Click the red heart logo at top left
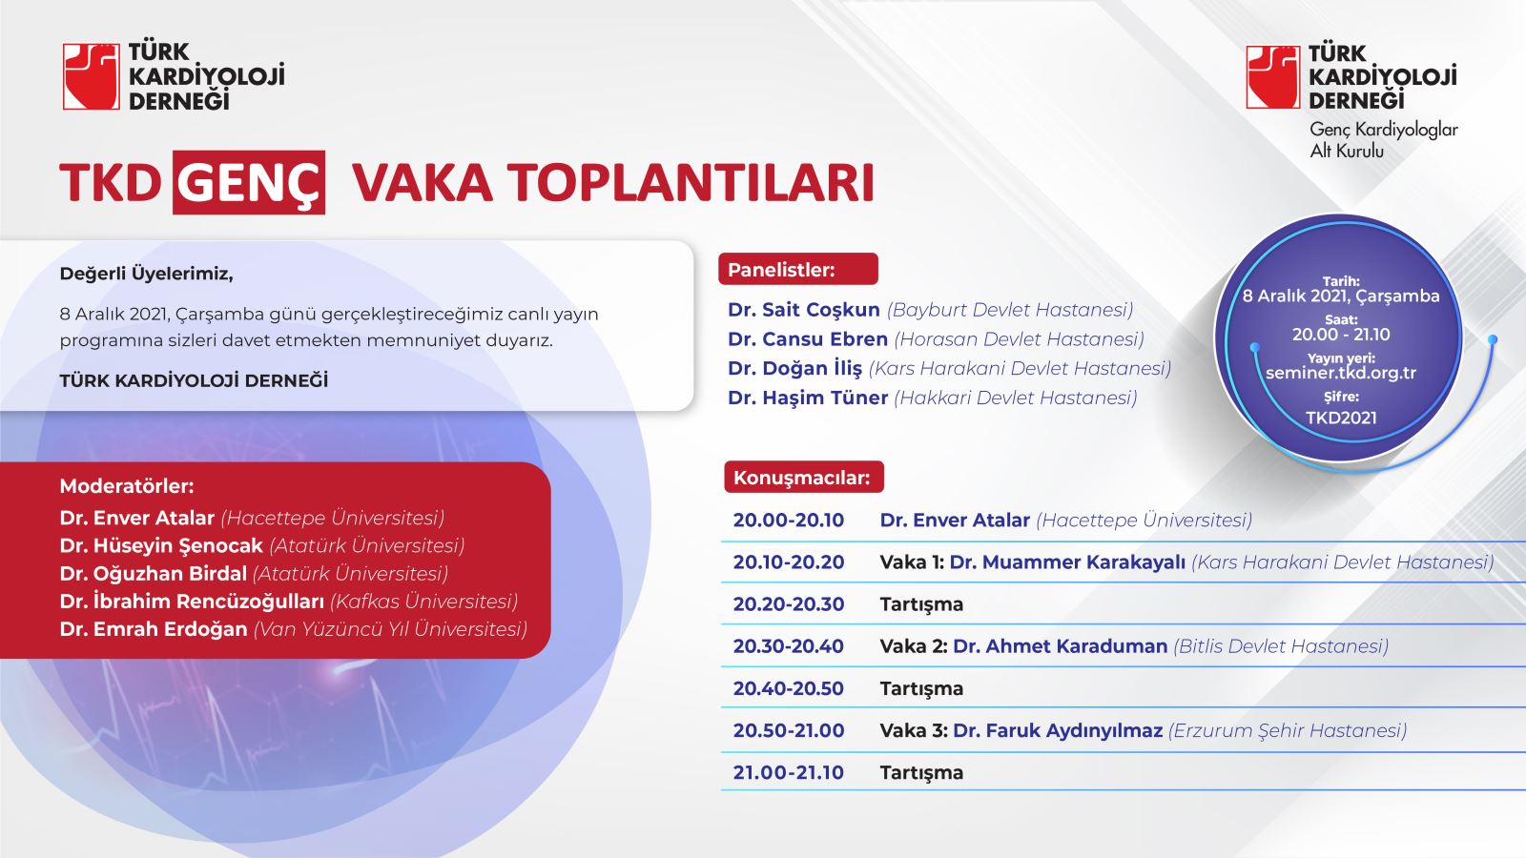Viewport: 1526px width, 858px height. click(x=92, y=76)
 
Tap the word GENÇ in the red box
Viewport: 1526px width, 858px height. click(x=249, y=182)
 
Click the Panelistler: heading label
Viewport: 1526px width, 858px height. click(x=781, y=270)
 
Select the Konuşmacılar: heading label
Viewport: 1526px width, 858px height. click(x=802, y=478)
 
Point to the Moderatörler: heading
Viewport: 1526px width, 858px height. click(x=127, y=486)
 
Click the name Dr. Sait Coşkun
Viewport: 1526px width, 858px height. click(x=804, y=310)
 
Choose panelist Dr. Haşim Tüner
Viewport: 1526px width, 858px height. click(x=807, y=398)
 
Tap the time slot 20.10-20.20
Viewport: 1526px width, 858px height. click(x=788, y=562)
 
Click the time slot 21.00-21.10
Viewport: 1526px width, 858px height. click(x=788, y=773)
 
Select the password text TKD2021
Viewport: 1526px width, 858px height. click(x=1341, y=418)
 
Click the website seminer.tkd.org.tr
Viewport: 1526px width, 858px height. click(x=1341, y=373)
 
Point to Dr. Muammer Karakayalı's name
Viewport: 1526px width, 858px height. click(x=1067, y=562)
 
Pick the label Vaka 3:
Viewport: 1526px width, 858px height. click(x=914, y=730)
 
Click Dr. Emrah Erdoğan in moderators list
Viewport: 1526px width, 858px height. click(x=154, y=629)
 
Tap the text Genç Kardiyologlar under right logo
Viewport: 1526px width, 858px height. click(x=1384, y=130)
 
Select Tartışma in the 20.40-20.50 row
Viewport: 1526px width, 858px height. click(x=921, y=689)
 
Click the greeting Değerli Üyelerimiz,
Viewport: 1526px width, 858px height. click(x=147, y=275)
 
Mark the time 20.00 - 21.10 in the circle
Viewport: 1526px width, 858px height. click(x=1341, y=335)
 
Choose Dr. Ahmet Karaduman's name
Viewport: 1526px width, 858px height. click(x=1060, y=646)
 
